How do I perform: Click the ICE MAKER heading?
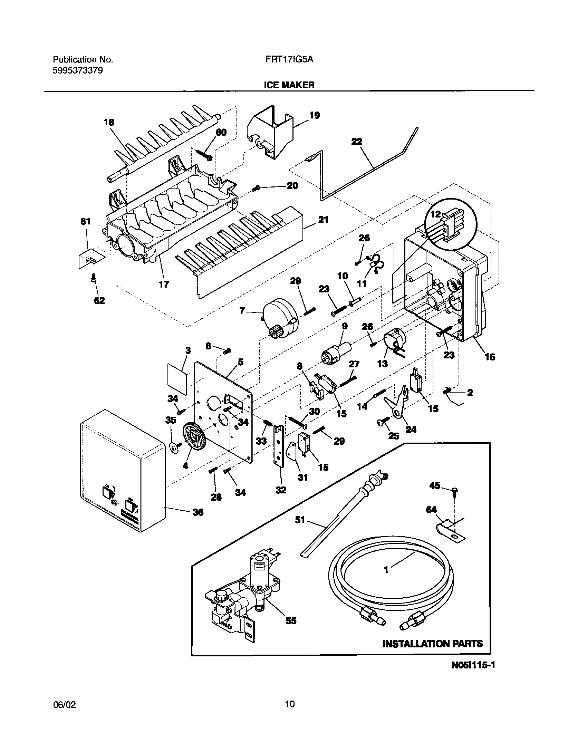[289, 85]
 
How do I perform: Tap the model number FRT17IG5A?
[289, 59]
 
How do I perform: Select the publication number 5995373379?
[78, 71]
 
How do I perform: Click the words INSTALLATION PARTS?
[432, 644]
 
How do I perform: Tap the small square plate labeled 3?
[177, 379]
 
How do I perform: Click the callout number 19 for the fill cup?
[314, 115]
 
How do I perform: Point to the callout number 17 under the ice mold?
[164, 284]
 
